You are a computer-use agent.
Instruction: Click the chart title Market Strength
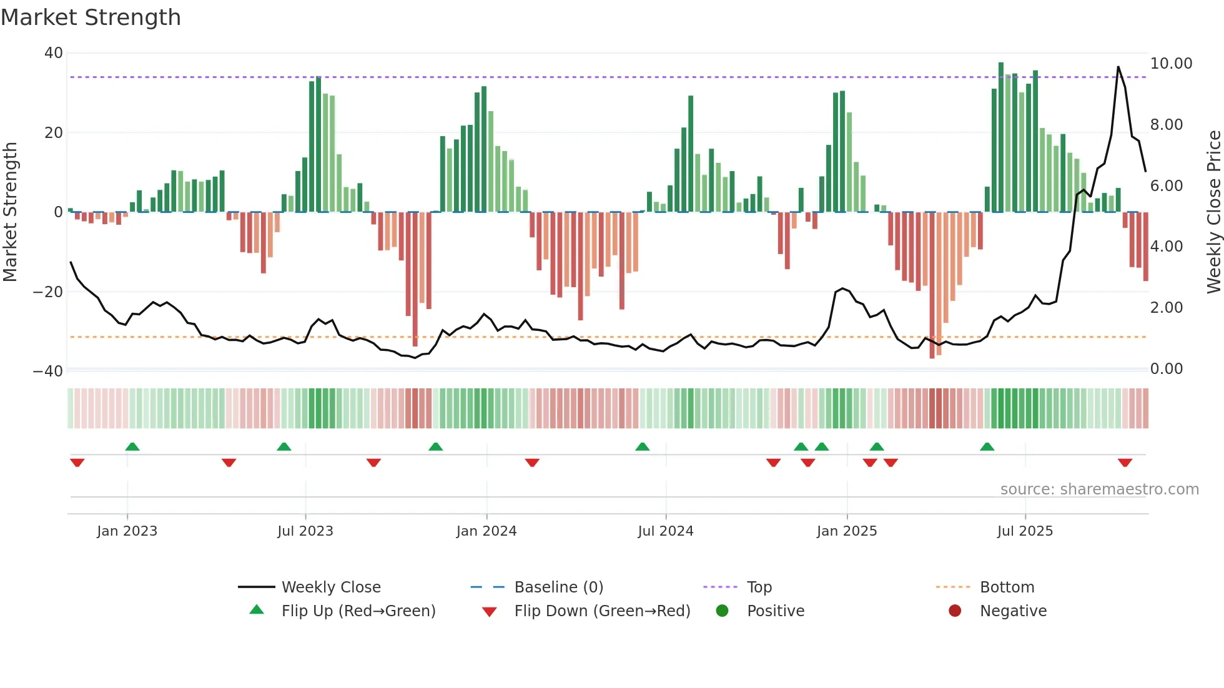tap(91, 17)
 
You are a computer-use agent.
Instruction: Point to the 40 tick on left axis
tap(54, 53)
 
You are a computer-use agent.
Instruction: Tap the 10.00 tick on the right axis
tap(1171, 64)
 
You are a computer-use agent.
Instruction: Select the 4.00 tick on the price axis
tap(1166, 247)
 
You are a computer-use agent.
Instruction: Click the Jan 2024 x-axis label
tap(486, 531)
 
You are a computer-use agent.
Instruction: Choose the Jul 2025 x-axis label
tap(1025, 531)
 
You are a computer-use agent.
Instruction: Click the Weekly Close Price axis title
tap(1213, 212)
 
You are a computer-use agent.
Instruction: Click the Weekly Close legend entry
tap(330, 587)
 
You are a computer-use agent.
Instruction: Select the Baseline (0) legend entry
tap(558, 587)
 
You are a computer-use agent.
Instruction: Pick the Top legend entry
tap(759, 587)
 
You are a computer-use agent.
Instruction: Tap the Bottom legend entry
tap(1007, 587)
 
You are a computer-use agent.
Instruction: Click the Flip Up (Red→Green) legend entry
tap(358, 611)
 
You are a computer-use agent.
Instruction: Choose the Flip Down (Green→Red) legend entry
tap(602, 611)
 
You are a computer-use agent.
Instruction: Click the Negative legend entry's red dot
tap(955, 611)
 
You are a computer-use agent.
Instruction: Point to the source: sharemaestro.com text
tap(1099, 489)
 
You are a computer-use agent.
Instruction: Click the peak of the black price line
tap(1118, 67)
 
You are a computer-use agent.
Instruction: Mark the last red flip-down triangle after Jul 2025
tap(1125, 463)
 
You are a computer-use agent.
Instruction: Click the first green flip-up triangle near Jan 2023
tap(132, 446)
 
